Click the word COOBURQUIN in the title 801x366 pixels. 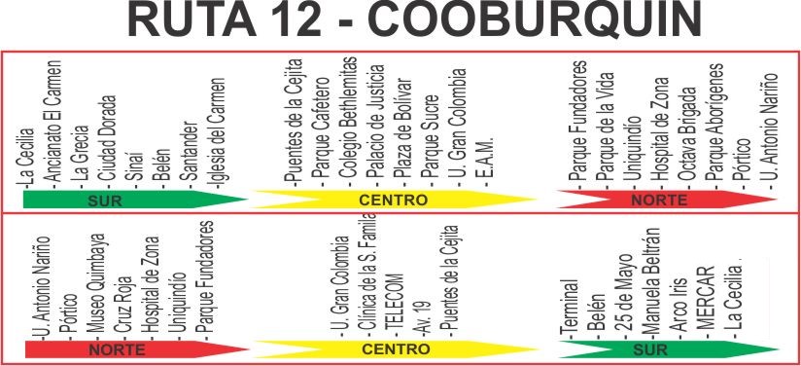click(x=535, y=20)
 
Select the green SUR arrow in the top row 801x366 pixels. click(x=135, y=200)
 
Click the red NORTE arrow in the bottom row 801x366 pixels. click(x=136, y=349)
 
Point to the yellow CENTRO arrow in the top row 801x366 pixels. click(x=394, y=200)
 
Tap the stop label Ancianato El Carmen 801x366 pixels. click(x=52, y=122)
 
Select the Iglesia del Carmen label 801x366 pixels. click(x=217, y=132)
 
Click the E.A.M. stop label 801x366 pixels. click(x=485, y=160)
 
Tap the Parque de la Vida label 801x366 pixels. click(x=606, y=127)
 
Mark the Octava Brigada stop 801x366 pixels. click(x=688, y=133)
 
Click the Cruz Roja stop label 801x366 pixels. click(x=123, y=306)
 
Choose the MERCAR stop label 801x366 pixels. click(x=706, y=303)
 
